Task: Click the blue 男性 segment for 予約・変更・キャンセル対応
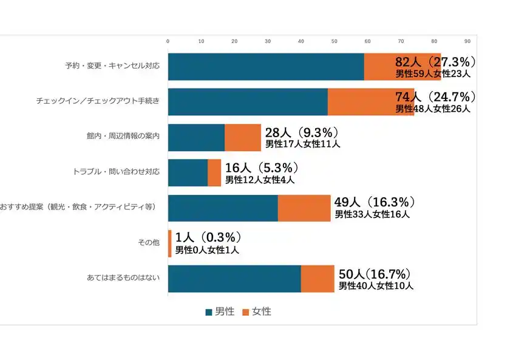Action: [x=265, y=67]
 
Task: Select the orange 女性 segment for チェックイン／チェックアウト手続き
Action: [x=370, y=102]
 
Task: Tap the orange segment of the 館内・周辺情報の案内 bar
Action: [x=242, y=137]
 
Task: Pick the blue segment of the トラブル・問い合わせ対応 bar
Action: [x=188, y=172]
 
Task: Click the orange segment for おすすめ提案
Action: [x=304, y=208]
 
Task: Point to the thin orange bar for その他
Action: [x=170, y=243]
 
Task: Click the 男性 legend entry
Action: [x=219, y=311]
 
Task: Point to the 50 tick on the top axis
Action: [x=334, y=41]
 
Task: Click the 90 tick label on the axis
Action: [x=467, y=41]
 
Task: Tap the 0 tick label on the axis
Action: [x=168, y=41]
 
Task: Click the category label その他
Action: [x=149, y=243]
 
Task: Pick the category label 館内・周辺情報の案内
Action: [x=123, y=137]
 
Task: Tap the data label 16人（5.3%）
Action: [x=262, y=168]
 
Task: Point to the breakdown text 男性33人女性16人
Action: [x=372, y=214]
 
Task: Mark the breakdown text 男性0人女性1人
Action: [x=207, y=250]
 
